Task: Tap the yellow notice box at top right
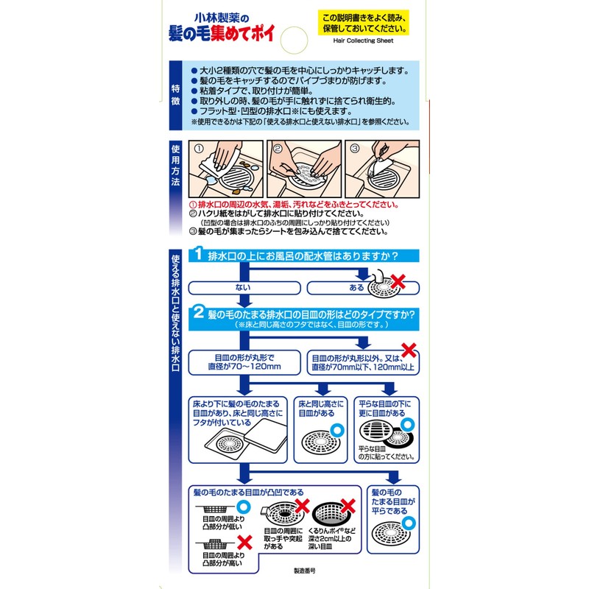tap(364, 23)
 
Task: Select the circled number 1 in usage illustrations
tap(198, 147)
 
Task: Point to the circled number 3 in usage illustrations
tap(354, 147)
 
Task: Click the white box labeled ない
tap(243, 287)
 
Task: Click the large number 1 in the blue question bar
tap(198, 255)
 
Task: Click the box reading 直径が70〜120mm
tap(244, 361)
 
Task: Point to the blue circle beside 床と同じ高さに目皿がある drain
tap(338, 428)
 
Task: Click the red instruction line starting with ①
tap(294, 205)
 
